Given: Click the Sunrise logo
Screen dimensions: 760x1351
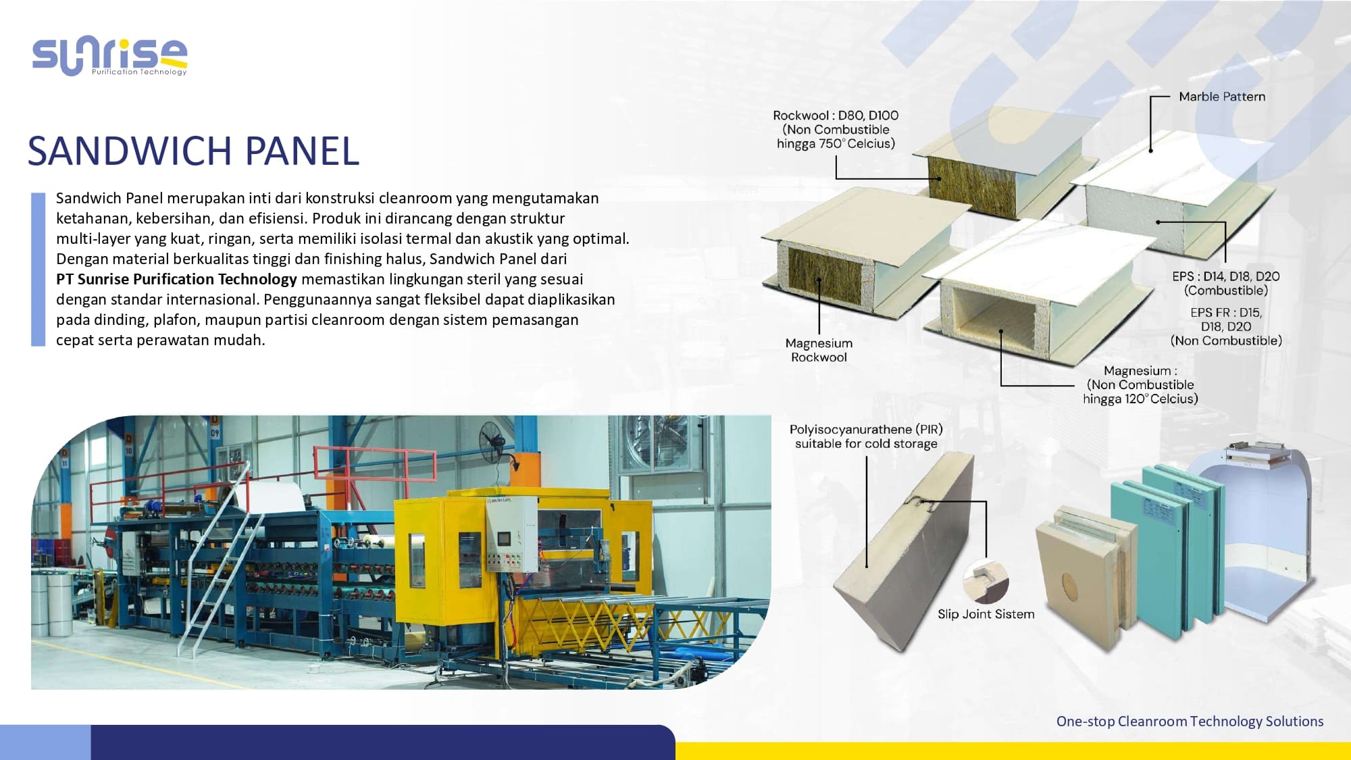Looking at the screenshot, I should pos(109,57).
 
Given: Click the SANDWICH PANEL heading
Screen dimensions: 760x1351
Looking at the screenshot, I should pos(193,151).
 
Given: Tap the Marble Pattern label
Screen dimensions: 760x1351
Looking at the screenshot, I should pos(1221,97).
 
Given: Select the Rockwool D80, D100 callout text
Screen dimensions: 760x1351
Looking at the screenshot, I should pos(836,129).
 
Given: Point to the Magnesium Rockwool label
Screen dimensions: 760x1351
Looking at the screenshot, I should pos(819,350).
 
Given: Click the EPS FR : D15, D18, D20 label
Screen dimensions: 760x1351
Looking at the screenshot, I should pos(1225,326).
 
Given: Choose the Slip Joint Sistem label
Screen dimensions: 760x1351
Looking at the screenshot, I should pos(986,614).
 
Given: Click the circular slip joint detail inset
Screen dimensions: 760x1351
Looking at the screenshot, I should pos(986,581).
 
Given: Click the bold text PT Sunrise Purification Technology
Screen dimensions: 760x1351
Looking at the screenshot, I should pos(176,279).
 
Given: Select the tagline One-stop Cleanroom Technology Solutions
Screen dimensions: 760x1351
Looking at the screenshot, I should pos(1190,721).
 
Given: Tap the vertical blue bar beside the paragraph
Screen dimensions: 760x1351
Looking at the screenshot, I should pos(38,269).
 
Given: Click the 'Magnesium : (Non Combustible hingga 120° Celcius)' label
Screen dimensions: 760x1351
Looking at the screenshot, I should pos(1140,384).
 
